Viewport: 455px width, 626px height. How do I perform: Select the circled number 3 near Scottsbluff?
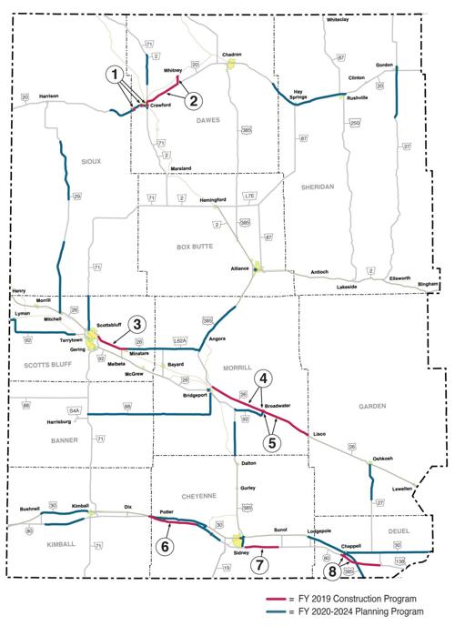click(x=136, y=325)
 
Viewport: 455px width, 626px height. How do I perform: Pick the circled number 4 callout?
click(x=261, y=379)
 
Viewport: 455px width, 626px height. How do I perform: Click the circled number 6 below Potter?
click(x=165, y=547)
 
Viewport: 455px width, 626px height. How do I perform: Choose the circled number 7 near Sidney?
click(x=260, y=564)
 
